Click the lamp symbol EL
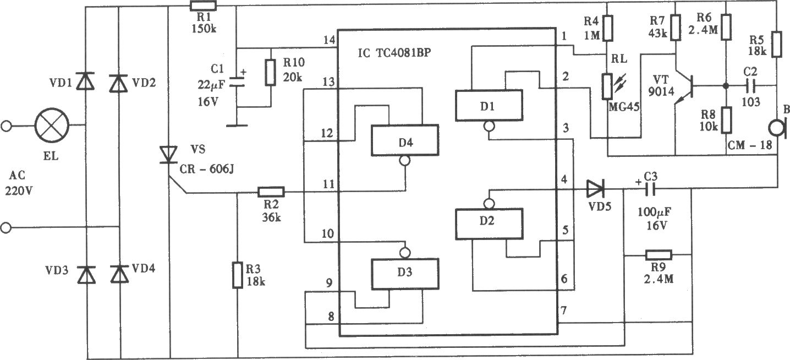[x=52, y=126]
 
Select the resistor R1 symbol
[x=203, y=6]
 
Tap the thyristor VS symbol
[x=168, y=155]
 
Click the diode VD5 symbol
[x=595, y=189]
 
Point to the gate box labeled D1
[x=489, y=106]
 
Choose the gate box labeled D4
[x=405, y=140]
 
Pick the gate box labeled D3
[x=405, y=274]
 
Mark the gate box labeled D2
[x=489, y=224]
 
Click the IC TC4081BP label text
[x=394, y=53]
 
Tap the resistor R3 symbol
[x=238, y=275]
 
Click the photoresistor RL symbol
[x=609, y=86]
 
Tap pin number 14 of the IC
[x=330, y=40]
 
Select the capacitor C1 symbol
[x=237, y=82]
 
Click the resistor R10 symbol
[x=271, y=72]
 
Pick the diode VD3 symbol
[x=86, y=275]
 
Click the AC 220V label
[x=18, y=183]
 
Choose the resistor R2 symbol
[x=271, y=192]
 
